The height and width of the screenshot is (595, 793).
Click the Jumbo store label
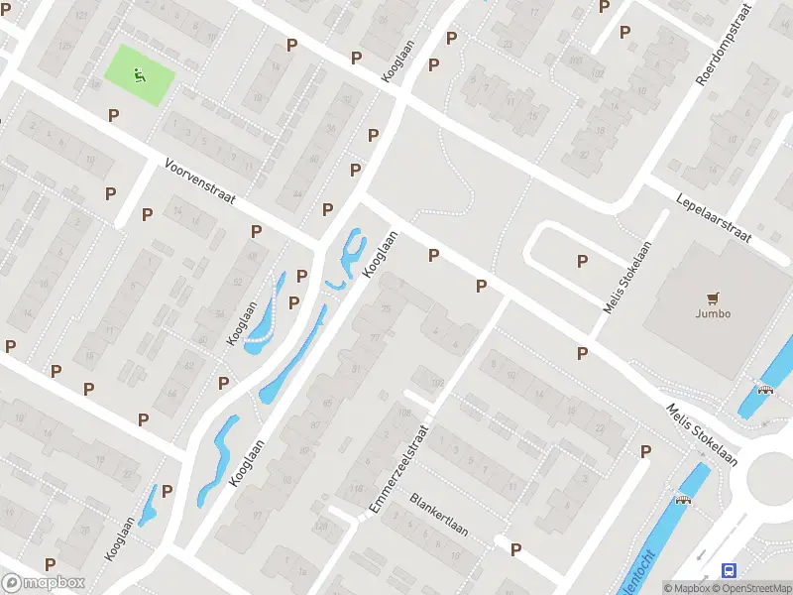(x=713, y=313)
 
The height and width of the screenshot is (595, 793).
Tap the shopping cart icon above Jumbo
(x=713, y=297)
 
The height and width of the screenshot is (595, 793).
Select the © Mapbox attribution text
(x=687, y=588)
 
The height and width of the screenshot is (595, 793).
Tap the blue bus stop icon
(x=730, y=569)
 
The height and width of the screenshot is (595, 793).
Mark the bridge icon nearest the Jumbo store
(x=764, y=388)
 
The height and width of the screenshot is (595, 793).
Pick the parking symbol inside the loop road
(x=582, y=261)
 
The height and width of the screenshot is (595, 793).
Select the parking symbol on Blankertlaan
(x=514, y=548)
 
